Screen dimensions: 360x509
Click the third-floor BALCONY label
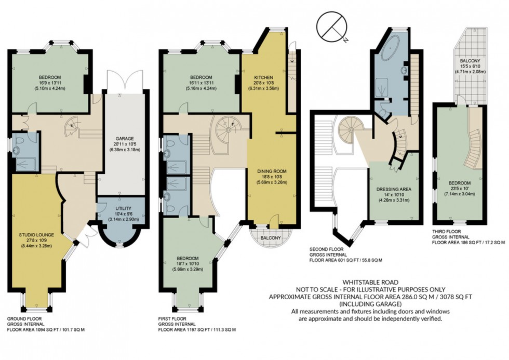[472, 61]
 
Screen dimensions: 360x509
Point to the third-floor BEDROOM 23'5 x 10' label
[460, 183]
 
